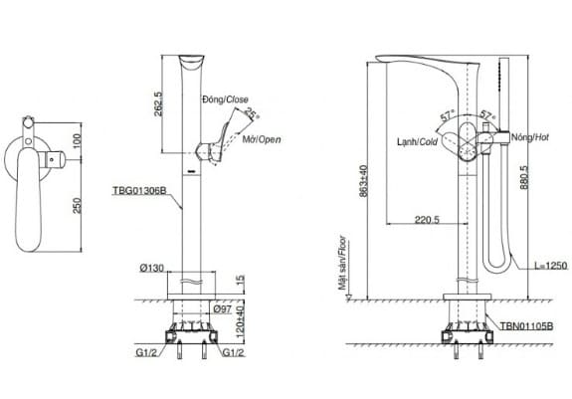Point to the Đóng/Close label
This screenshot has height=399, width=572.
(x=224, y=100)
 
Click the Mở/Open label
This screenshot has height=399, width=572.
(x=261, y=140)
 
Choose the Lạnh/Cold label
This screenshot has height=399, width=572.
(x=415, y=141)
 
